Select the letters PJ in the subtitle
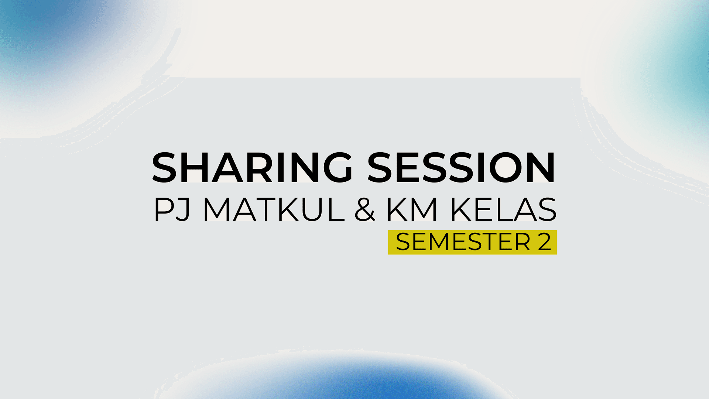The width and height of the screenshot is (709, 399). [x=172, y=209]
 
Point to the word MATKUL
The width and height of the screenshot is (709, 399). [x=274, y=209]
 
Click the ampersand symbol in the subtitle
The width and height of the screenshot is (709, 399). [x=364, y=210]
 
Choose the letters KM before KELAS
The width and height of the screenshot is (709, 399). [x=412, y=209]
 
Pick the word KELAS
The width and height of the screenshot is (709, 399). [x=503, y=209]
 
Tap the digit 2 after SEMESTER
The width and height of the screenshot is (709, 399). [x=544, y=242]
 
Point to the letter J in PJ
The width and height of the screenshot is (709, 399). [x=183, y=209]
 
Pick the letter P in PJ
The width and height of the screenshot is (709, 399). [x=162, y=209]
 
